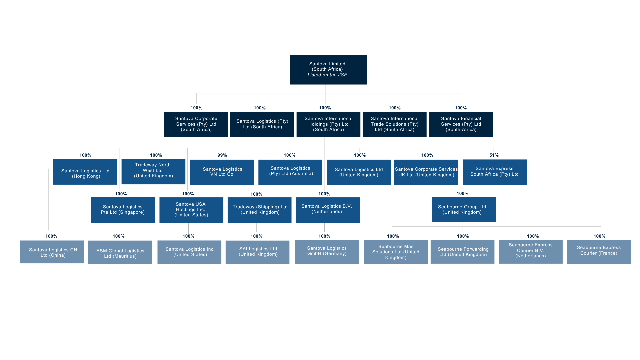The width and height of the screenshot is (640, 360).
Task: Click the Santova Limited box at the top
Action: click(x=328, y=70)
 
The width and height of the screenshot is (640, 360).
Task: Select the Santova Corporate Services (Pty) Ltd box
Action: click(x=196, y=124)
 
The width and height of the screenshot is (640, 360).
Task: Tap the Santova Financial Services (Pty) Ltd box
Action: click(x=461, y=124)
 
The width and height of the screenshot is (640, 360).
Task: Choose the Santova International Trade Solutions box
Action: click(x=394, y=124)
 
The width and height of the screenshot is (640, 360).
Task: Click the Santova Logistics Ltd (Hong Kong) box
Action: click(x=85, y=172)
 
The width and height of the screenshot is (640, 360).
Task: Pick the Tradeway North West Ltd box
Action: click(x=153, y=172)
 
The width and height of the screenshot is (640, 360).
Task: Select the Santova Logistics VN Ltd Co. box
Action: click(x=222, y=172)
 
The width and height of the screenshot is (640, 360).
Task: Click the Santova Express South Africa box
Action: click(x=495, y=172)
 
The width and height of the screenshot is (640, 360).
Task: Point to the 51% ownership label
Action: click(x=494, y=155)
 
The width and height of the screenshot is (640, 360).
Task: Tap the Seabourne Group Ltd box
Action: click(x=463, y=209)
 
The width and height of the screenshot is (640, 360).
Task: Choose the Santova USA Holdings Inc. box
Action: click(x=191, y=210)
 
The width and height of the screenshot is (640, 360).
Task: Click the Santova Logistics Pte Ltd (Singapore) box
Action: click(x=122, y=210)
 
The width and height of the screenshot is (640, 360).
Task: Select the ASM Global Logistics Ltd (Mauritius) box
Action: click(x=120, y=252)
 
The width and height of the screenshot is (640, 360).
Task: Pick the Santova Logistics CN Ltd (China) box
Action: click(x=52, y=252)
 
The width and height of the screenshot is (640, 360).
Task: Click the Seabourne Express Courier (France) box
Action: click(x=598, y=252)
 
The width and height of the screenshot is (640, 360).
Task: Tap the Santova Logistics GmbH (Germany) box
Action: click(x=327, y=252)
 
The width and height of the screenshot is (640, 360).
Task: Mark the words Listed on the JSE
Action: click(x=327, y=75)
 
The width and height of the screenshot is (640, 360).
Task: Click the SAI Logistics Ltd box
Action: click(x=257, y=252)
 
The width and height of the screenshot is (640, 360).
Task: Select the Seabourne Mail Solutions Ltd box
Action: click(x=395, y=252)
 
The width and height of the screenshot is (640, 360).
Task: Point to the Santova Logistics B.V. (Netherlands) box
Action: click(x=327, y=210)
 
